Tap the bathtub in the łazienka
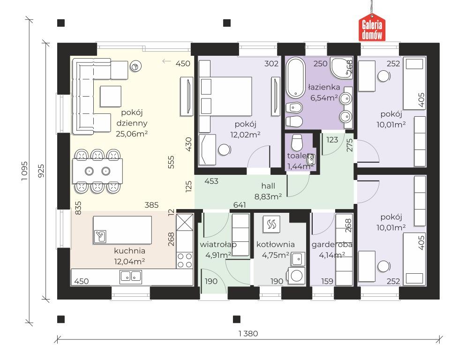296,77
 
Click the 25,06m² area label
132,134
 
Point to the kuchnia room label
129,251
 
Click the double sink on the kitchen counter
131,277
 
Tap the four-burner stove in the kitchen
185,260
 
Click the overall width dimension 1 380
248,334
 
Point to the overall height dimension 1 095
24,172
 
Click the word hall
268,186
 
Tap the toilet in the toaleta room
297,142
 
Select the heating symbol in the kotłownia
271,225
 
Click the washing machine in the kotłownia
296,276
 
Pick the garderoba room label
332,245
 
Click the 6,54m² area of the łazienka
324,98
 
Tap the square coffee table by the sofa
111,97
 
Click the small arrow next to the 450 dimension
167,61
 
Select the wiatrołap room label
218,245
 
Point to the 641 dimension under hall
240,205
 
